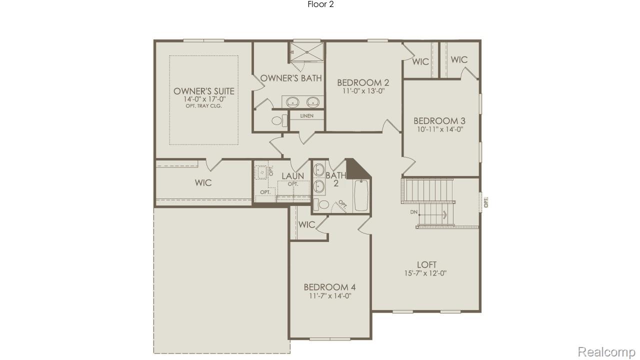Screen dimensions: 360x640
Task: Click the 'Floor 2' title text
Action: [x=320, y=4]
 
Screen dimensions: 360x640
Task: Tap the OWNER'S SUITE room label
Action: [x=203, y=91]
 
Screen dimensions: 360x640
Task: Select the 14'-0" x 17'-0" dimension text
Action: [x=203, y=99]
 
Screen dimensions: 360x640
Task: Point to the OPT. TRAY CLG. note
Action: [x=203, y=106]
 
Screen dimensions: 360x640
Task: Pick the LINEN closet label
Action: [x=306, y=116]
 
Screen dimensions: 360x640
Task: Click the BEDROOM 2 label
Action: [x=363, y=83]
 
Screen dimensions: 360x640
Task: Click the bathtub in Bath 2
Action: [x=361, y=195]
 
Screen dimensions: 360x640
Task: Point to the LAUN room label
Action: [x=292, y=176]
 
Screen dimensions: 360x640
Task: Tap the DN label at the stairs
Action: [x=413, y=212]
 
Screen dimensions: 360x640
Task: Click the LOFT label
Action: [x=426, y=265]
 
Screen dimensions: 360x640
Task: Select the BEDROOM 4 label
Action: [x=329, y=287]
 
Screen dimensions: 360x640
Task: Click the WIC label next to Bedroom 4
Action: [x=306, y=225]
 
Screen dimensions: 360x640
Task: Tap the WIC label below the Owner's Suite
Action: [x=203, y=183]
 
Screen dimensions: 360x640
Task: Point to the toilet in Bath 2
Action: [x=322, y=204]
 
